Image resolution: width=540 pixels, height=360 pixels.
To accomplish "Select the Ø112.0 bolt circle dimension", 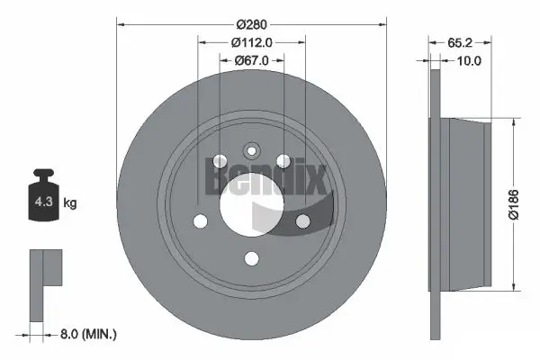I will pos(252,41).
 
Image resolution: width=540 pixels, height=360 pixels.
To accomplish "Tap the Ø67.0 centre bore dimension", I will pos(252,61).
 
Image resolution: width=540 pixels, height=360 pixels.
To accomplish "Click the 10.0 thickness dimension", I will pos(469,61).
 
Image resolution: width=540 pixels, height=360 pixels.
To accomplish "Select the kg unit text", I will pos(70,203).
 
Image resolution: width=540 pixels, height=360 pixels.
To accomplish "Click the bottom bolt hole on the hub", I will pos(252,259).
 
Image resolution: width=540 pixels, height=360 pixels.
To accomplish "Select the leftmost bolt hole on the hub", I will pos(200,220).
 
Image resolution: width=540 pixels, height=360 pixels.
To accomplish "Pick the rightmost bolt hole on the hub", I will pos(303,220).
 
